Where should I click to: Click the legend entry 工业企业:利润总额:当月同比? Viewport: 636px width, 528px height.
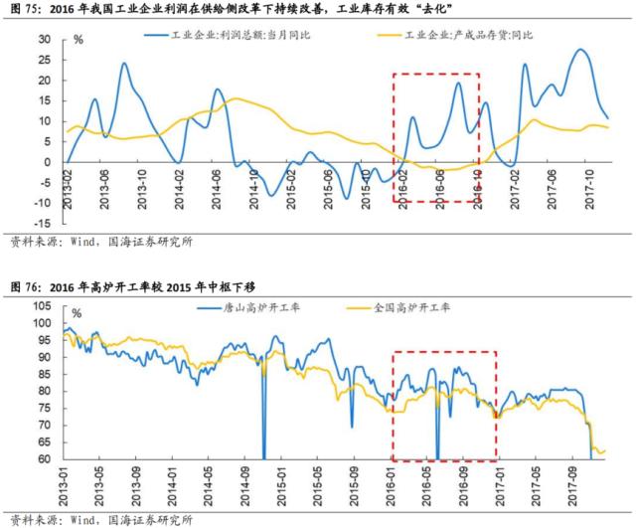coord(236,34)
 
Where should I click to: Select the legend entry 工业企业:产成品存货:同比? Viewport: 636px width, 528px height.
coord(458,34)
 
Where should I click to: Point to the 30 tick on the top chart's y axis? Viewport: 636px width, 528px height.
coord(45,39)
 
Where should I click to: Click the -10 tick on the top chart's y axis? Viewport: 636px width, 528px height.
coord(42,203)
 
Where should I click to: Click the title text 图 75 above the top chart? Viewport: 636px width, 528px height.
coord(25,9)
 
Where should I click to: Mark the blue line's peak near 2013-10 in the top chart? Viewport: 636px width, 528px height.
coord(124,64)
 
